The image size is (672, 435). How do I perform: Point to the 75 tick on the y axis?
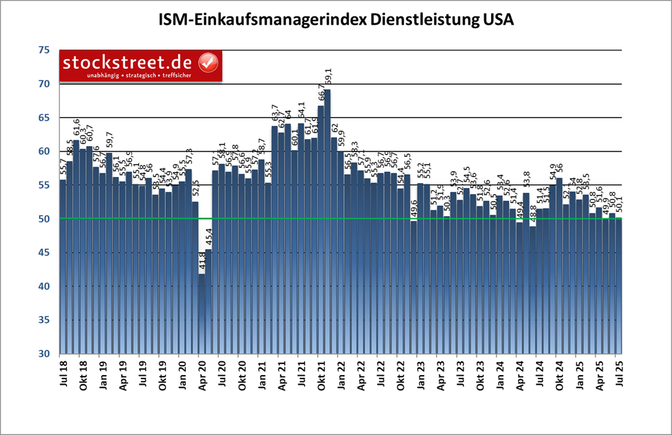[44, 50]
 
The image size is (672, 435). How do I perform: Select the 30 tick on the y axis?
[44, 354]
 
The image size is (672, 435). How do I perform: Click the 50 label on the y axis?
[44, 219]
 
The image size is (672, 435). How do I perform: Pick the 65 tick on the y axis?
[44, 118]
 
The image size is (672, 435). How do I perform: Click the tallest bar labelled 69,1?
[327, 220]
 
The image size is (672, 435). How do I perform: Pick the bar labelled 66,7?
[321, 227]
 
